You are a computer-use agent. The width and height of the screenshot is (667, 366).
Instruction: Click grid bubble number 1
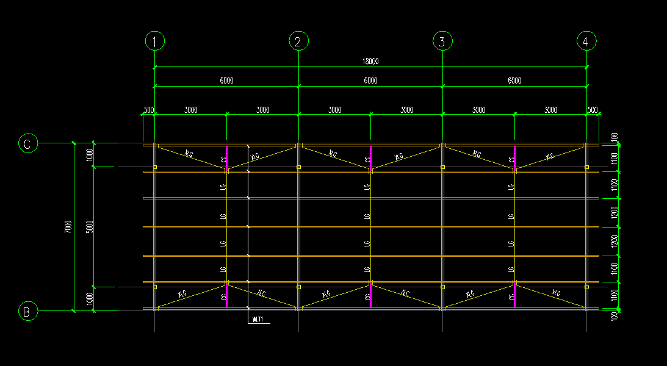pos(155,41)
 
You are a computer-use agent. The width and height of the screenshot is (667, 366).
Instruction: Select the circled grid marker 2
pos(298,41)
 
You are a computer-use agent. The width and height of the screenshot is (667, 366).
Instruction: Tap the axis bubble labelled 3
pos(442,41)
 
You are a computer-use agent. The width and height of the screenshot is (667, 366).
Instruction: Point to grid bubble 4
pos(586,41)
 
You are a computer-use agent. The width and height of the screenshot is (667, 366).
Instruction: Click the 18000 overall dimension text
pos(370,61)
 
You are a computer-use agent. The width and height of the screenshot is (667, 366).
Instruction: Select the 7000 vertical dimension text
pos(68,226)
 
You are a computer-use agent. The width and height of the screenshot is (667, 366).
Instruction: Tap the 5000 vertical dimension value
pos(90,226)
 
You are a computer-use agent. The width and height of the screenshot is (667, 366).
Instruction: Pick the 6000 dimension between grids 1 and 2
pos(226,81)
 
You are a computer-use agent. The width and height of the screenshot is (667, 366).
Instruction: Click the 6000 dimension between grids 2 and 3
pos(370,81)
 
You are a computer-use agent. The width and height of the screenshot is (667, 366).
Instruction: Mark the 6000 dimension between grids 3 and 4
pos(514,81)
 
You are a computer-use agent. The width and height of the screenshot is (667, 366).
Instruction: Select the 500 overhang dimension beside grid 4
pos(593,110)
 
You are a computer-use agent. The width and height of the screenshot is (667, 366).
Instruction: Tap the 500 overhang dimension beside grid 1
pos(148,110)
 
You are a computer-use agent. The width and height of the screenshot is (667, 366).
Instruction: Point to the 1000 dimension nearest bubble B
pos(90,299)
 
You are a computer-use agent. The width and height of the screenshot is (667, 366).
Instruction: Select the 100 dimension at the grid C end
pos(615,137)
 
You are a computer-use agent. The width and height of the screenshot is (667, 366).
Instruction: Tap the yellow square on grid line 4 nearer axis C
pos(586,167)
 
